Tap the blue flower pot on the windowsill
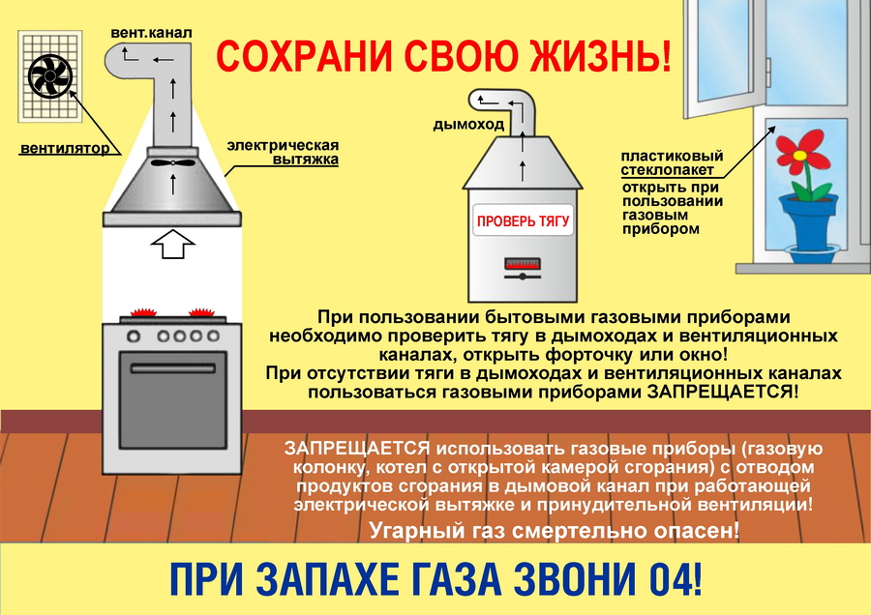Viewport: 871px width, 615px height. (x=808, y=223)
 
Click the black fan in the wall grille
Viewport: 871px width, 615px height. (x=50, y=76)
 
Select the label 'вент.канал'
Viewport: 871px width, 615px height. (x=151, y=33)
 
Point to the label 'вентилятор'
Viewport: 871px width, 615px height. (x=65, y=148)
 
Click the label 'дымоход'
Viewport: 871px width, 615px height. (x=468, y=125)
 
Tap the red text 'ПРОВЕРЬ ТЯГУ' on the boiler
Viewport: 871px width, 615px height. (x=523, y=220)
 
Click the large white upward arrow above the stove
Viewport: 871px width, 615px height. (x=173, y=244)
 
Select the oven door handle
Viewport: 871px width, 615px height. (x=173, y=368)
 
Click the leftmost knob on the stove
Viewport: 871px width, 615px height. (x=134, y=336)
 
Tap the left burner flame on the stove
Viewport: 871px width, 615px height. (x=144, y=312)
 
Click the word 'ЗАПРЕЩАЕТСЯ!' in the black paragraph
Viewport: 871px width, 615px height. (x=723, y=392)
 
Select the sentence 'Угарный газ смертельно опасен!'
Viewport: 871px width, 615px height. (x=555, y=531)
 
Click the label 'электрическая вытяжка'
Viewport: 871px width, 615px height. (x=283, y=152)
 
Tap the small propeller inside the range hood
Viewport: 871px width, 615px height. (x=173, y=163)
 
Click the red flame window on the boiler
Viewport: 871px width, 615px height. (x=523, y=263)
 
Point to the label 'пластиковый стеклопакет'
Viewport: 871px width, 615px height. (x=673, y=162)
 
